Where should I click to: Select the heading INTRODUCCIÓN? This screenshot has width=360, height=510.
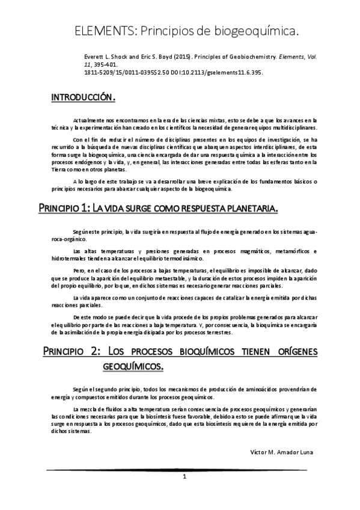pyautogui.click(x=83, y=97)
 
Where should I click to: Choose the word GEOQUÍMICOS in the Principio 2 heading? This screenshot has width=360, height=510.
pyautogui.click(x=132, y=365)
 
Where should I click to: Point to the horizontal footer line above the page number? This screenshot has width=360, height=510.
pyautogui.click(x=180, y=469)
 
